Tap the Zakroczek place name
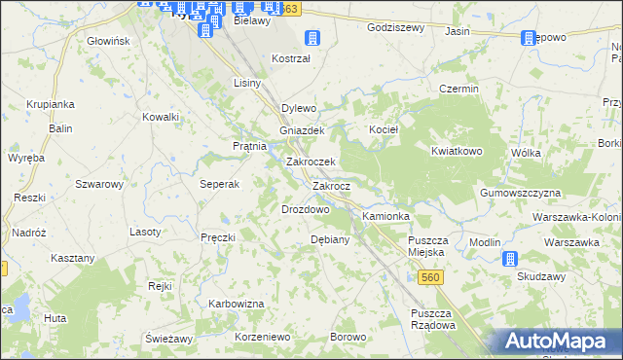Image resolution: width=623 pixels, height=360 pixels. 311,162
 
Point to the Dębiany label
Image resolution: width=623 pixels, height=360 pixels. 329,239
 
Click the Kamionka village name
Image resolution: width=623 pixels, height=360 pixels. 386,215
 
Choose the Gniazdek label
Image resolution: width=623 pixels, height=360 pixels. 301,129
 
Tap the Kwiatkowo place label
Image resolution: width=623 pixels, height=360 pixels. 458,152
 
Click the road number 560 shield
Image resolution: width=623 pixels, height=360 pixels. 433,278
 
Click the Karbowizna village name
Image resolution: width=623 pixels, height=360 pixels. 237,304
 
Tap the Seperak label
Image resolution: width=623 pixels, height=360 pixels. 220,185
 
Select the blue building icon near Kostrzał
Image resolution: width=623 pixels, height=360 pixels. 312,38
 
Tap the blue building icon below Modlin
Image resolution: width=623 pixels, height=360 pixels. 509,259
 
